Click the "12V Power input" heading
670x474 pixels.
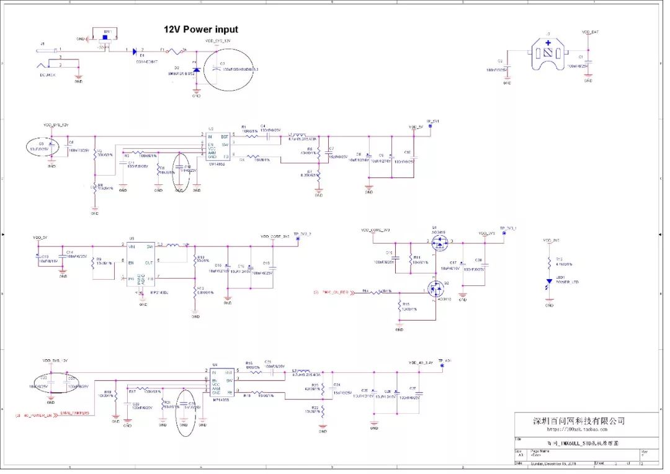(x=200, y=29)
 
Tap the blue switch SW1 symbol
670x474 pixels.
(x=105, y=37)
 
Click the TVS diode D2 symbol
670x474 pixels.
(x=197, y=70)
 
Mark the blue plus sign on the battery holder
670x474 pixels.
(x=548, y=43)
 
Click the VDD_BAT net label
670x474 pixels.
(x=590, y=32)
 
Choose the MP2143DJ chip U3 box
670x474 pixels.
(x=141, y=264)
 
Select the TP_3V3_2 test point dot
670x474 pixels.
(x=298, y=239)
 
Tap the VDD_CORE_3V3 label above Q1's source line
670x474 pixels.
(x=375, y=230)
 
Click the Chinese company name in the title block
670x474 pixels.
(x=579, y=421)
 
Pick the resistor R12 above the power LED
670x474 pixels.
(x=549, y=261)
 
